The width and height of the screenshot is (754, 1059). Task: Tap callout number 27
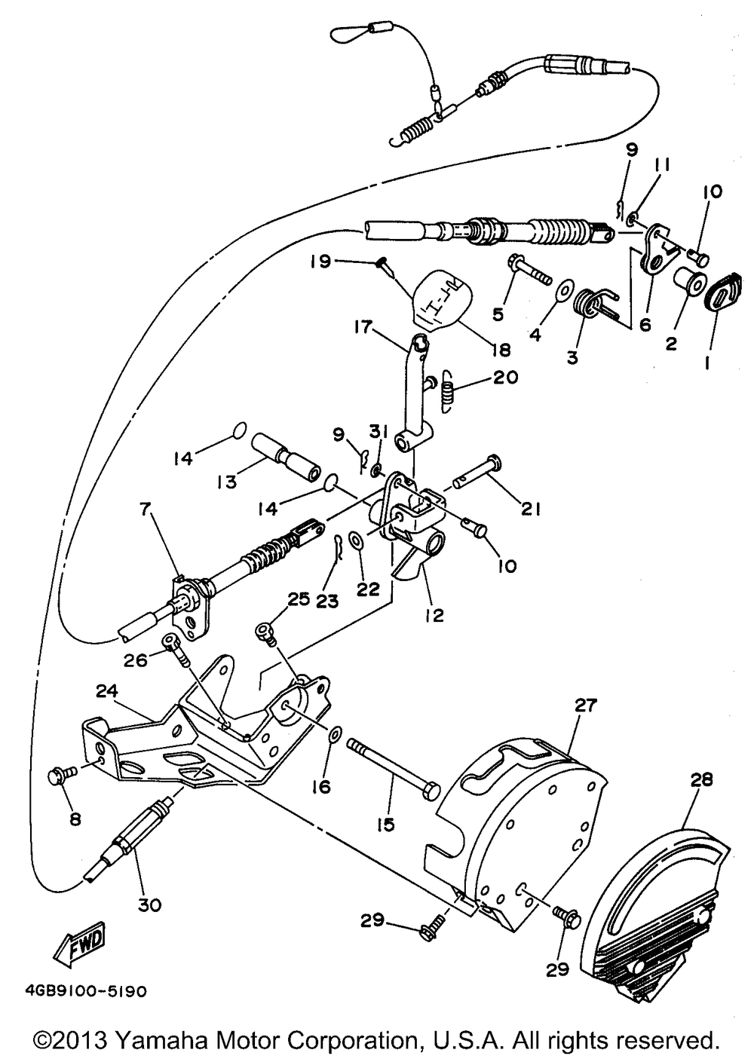(x=586, y=705)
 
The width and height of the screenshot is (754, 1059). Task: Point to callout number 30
(x=149, y=905)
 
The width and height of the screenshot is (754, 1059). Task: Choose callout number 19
(x=321, y=261)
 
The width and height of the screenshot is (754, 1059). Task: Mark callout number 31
(x=379, y=432)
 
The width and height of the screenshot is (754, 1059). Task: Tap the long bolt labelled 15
(x=393, y=771)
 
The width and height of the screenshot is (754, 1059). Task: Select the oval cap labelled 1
(x=722, y=292)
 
